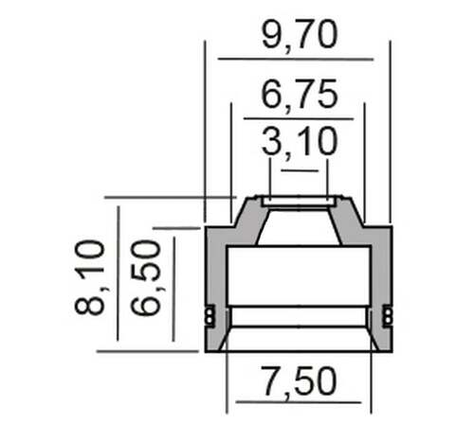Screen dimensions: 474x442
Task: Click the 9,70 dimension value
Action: click(300, 35)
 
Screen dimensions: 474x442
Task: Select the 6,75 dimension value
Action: click(300, 95)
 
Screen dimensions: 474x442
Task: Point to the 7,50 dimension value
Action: click(299, 382)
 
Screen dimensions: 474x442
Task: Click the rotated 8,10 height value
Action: click(90, 277)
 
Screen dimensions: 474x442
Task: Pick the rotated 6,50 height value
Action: click(146, 277)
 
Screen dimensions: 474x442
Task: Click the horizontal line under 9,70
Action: click(296, 59)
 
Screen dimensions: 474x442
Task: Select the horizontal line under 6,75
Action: click(299, 118)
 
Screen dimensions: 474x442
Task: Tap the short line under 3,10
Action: click(300, 170)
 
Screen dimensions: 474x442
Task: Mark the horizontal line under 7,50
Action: click(299, 402)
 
